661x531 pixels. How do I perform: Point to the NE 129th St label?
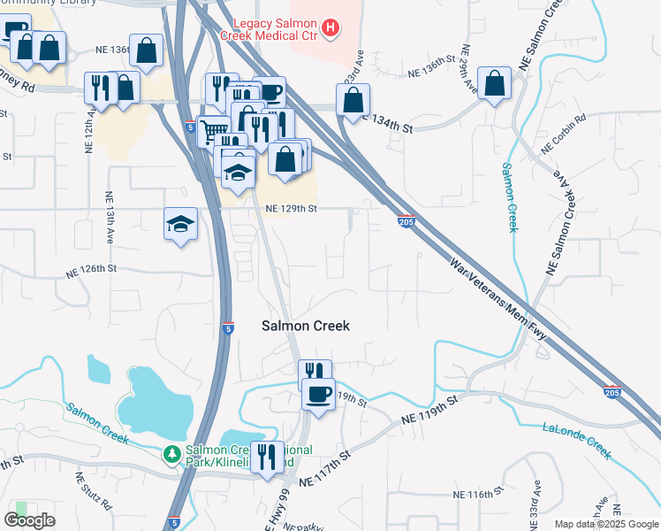(x=292, y=209)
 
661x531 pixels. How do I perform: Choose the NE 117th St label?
(x=324, y=468)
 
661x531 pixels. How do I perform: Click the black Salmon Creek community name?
(x=306, y=326)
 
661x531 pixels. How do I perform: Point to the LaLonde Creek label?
(x=577, y=440)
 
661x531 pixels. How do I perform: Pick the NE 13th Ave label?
(x=110, y=218)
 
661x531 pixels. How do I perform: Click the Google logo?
(x=29, y=519)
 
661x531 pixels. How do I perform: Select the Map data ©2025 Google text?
(x=606, y=524)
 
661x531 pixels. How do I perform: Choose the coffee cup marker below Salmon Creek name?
(x=318, y=393)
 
